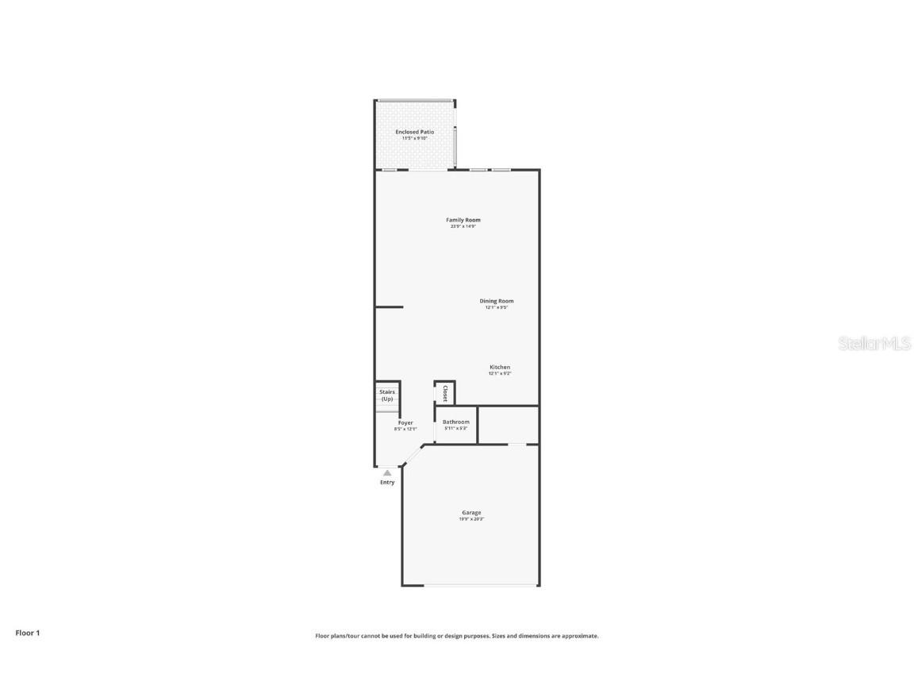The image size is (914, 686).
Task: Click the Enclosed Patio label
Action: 415,132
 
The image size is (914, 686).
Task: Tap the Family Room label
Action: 463,220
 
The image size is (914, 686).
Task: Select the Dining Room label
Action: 497,301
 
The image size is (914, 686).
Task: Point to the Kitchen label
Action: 500,367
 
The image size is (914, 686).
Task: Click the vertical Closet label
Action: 445,393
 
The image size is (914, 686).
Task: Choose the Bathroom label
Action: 456,422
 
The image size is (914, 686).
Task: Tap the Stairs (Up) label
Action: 387,395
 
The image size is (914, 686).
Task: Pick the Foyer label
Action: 405,423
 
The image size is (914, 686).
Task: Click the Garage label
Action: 471,512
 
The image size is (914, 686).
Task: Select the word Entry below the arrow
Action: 387,483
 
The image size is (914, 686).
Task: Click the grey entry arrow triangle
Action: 387,472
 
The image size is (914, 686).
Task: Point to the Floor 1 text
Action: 27,633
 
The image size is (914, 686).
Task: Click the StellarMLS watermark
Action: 874,344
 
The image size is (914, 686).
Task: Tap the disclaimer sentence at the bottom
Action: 457,636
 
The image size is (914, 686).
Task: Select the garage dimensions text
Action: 471,519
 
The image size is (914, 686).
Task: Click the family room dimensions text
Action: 463,226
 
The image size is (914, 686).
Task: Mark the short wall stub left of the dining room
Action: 389,306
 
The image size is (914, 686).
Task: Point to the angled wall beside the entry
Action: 413,455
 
